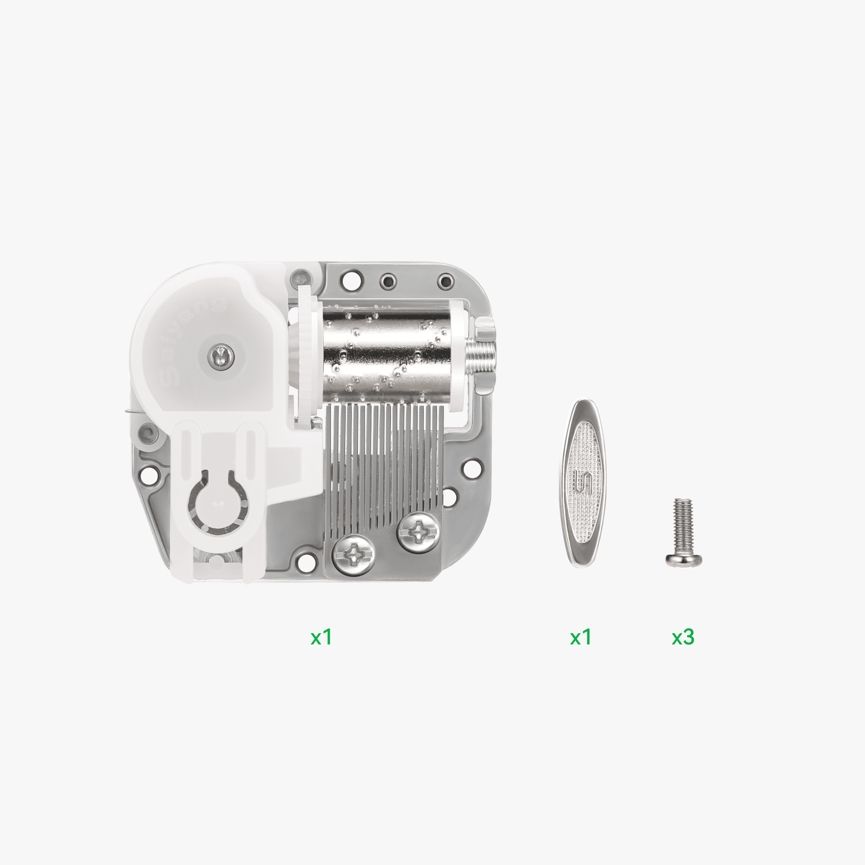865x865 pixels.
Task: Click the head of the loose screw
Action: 683,559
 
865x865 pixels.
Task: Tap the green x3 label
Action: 683,637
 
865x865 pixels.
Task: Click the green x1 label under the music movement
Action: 321,637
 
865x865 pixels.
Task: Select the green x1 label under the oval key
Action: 581,637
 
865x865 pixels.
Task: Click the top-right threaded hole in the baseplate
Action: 445,281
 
